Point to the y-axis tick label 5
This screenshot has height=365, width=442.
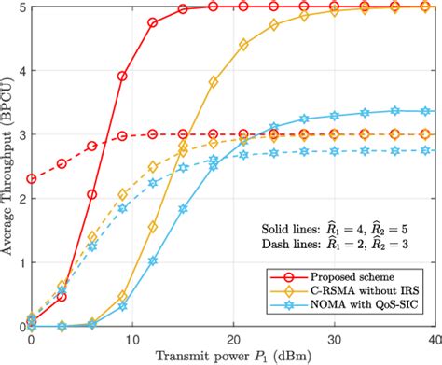(x=20, y=7)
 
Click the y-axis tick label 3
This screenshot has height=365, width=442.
(x=20, y=134)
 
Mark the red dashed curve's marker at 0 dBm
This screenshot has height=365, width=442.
(x=32, y=178)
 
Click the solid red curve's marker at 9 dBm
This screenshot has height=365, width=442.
(x=122, y=76)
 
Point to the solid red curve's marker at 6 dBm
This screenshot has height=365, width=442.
(x=92, y=194)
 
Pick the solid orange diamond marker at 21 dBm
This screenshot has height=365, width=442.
(x=244, y=44)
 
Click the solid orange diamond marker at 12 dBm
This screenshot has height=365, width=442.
(x=153, y=226)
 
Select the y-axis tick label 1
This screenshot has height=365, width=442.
(x=20, y=262)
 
